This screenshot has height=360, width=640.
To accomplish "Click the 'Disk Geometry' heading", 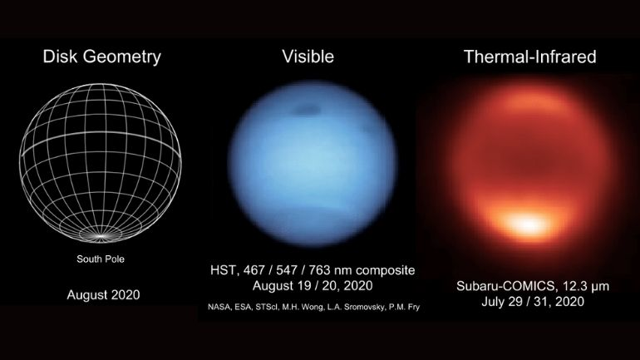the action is point(101,57).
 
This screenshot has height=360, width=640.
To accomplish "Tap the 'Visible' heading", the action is point(308,57).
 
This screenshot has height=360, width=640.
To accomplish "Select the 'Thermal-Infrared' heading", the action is point(529,57).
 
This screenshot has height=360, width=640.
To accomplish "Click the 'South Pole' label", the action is point(101,259).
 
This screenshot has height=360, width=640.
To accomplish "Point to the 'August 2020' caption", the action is point(103,294).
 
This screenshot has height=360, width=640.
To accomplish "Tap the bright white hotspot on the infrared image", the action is point(527,224).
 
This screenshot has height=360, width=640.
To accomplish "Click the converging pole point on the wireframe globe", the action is point(101,236).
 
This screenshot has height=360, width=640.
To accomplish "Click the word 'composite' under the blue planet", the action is point(386,270).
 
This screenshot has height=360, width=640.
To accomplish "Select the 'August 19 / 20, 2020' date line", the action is point(313,286).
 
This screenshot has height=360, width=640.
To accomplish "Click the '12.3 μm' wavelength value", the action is point(585,286).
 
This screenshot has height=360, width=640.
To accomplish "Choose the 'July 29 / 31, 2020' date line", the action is point(533,302).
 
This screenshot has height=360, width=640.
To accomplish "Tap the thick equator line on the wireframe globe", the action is point(101,136).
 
